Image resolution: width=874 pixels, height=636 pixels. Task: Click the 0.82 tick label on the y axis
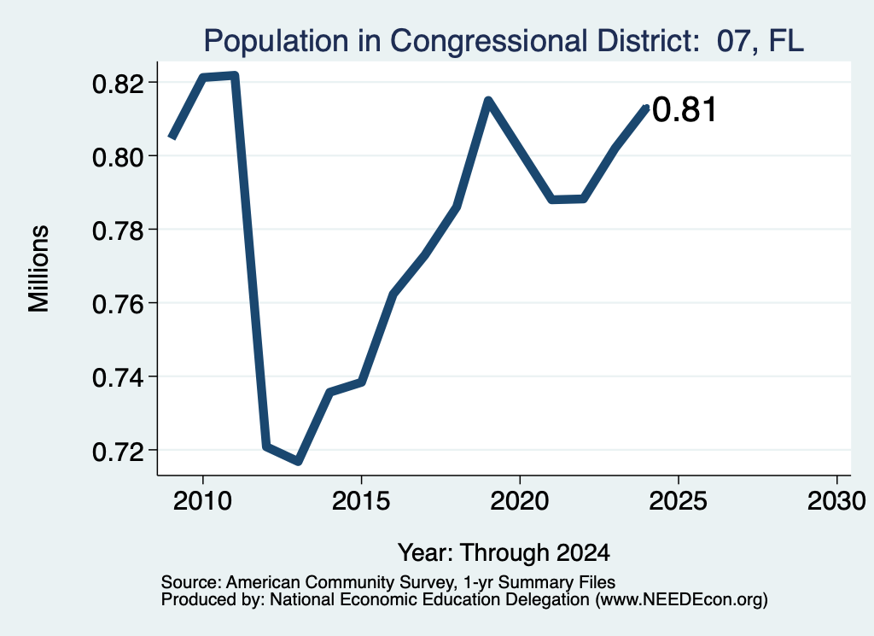click(118, 85)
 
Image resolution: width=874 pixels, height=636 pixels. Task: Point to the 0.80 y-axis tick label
click(118, 158)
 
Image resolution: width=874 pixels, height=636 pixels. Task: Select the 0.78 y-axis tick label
click(118, 230)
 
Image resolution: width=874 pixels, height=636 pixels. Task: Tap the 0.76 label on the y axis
click(118, 305)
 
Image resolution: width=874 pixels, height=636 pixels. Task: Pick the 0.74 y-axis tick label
click(118, 378)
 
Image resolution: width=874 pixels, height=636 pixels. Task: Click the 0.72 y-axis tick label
click(118, 452)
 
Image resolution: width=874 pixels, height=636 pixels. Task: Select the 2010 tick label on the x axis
click(202, 501)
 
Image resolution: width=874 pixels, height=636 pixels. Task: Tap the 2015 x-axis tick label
click(361, 501)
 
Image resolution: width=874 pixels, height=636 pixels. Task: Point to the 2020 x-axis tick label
click(520, 501)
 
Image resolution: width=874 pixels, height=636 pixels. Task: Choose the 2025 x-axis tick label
click(679, 501)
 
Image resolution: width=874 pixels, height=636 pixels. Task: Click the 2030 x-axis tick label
click(836, 501)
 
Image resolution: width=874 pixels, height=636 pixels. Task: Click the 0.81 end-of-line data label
click(684, 110)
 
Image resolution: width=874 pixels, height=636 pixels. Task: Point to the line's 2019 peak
click(488, 101)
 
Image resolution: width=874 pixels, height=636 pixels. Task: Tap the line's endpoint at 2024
click(647, 107)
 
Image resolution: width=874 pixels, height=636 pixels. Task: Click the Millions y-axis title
click(38, 269)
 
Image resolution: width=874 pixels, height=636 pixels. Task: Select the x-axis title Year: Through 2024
click(504, 553)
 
